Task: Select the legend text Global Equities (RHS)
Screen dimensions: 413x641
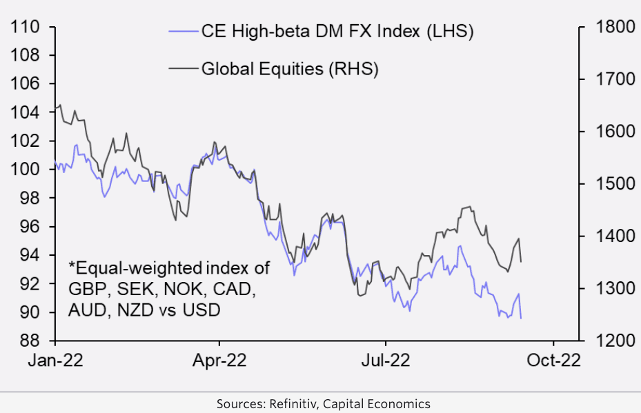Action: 290,69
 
